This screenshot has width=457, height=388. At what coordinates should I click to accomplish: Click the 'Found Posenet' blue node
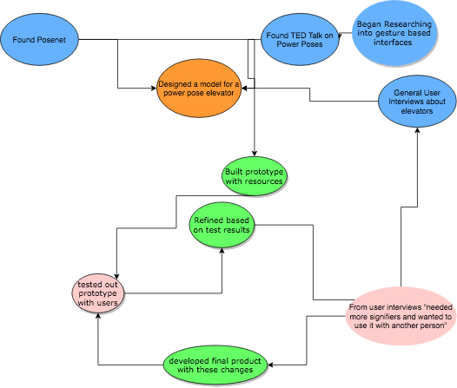[x=39, y=39]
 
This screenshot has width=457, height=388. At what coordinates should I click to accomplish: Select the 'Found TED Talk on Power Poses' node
[x=300, y=39]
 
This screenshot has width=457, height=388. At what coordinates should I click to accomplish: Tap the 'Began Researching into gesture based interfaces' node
[x=394, y=33]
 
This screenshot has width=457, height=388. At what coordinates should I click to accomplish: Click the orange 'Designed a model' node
[x=199, y=89]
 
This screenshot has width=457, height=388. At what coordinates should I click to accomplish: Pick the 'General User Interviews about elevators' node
[x=417, y=102]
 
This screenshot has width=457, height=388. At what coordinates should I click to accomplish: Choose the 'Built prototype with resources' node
[x=255, y=176]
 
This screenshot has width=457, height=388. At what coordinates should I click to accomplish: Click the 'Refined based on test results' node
[x=222, y=225]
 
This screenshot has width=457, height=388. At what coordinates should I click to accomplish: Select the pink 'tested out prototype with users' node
[x=98, y=293]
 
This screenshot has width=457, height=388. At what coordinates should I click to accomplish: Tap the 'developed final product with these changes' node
[x=215, y=365]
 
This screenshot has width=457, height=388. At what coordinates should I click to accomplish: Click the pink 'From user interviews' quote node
[x=401, y=316]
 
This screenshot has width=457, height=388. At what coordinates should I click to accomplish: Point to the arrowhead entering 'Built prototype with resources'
[x=255, y=154]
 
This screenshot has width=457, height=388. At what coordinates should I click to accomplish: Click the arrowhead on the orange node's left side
[x=153, y=88]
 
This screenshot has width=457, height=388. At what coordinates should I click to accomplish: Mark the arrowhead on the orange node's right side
[x=245, y=88]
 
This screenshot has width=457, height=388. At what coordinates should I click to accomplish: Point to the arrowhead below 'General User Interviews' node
[x=417, y=130]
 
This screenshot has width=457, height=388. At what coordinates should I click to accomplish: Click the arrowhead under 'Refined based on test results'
[x=222, y=251]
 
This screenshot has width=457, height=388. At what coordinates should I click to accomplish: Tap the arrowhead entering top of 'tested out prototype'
[x=116, y=276]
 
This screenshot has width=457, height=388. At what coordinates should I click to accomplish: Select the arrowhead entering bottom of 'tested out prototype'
[x=98, y=316]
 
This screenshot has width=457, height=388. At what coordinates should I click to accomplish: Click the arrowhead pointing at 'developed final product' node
[x=270, y=365]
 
